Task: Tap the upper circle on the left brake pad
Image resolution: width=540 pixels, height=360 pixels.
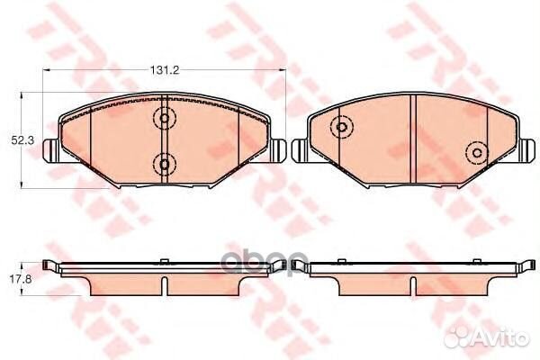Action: click(164, 117)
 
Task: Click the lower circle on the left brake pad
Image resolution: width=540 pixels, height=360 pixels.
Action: click(164, 162)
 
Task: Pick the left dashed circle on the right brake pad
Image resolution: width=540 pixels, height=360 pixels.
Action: click(341, 128)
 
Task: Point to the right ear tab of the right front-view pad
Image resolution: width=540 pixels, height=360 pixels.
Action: click(525, 149)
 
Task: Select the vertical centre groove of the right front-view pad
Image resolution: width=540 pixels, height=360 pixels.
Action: click(412, 139)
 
